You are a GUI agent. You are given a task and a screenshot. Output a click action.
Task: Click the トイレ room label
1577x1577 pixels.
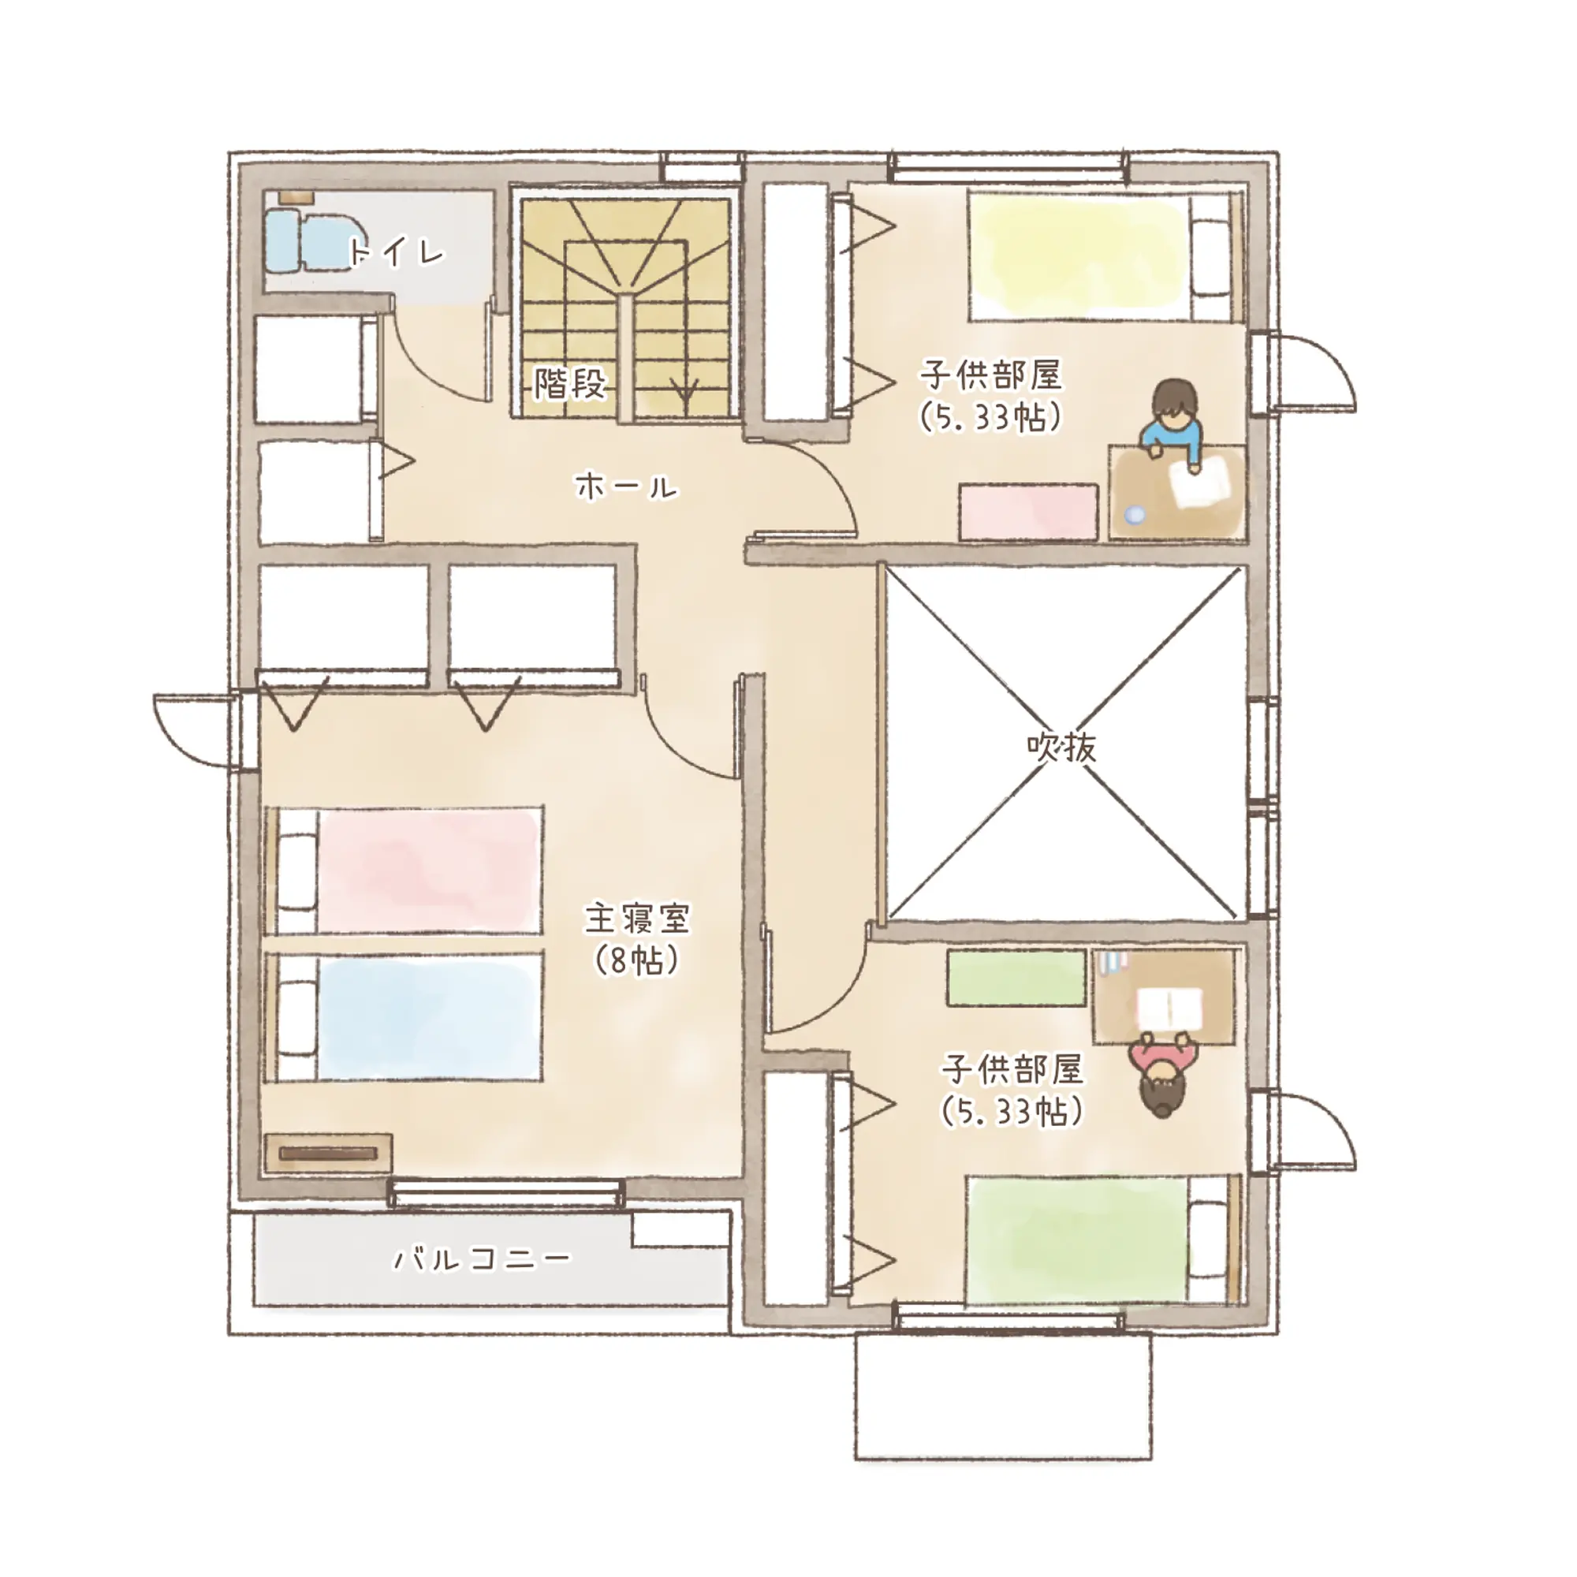point(397,252)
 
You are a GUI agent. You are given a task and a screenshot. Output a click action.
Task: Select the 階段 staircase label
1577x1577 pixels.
point(570,383)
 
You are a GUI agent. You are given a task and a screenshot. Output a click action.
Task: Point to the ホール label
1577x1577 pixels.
point(627,487)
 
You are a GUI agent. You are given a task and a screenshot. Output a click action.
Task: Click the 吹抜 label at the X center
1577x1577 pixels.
point(1061,746)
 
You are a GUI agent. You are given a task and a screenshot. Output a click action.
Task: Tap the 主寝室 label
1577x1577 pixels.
point(637,919)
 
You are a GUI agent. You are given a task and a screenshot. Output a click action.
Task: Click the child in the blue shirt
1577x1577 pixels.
point(1173,425)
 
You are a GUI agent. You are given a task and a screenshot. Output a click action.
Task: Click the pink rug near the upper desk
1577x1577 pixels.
point(1028,512)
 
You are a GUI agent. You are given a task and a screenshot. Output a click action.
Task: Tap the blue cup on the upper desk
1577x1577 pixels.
point(1135,515)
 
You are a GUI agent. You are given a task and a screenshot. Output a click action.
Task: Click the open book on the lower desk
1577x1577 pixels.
point(1170,1008)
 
